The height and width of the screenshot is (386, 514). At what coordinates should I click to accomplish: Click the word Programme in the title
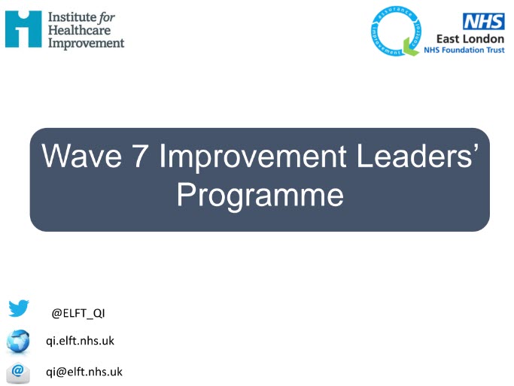point(260,195)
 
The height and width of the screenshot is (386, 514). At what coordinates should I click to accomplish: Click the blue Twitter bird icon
point(19,308)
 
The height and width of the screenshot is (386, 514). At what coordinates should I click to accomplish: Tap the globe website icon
point(18,340)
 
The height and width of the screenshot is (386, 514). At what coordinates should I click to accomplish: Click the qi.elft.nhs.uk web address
point(81,341)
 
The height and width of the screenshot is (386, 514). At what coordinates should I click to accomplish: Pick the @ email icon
point(18,372)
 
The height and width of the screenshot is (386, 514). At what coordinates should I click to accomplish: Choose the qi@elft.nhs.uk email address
point(84,371)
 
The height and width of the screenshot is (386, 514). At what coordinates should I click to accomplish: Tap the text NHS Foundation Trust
point(464,50)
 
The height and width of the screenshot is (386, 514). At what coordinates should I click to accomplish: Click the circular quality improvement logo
point(394,32)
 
